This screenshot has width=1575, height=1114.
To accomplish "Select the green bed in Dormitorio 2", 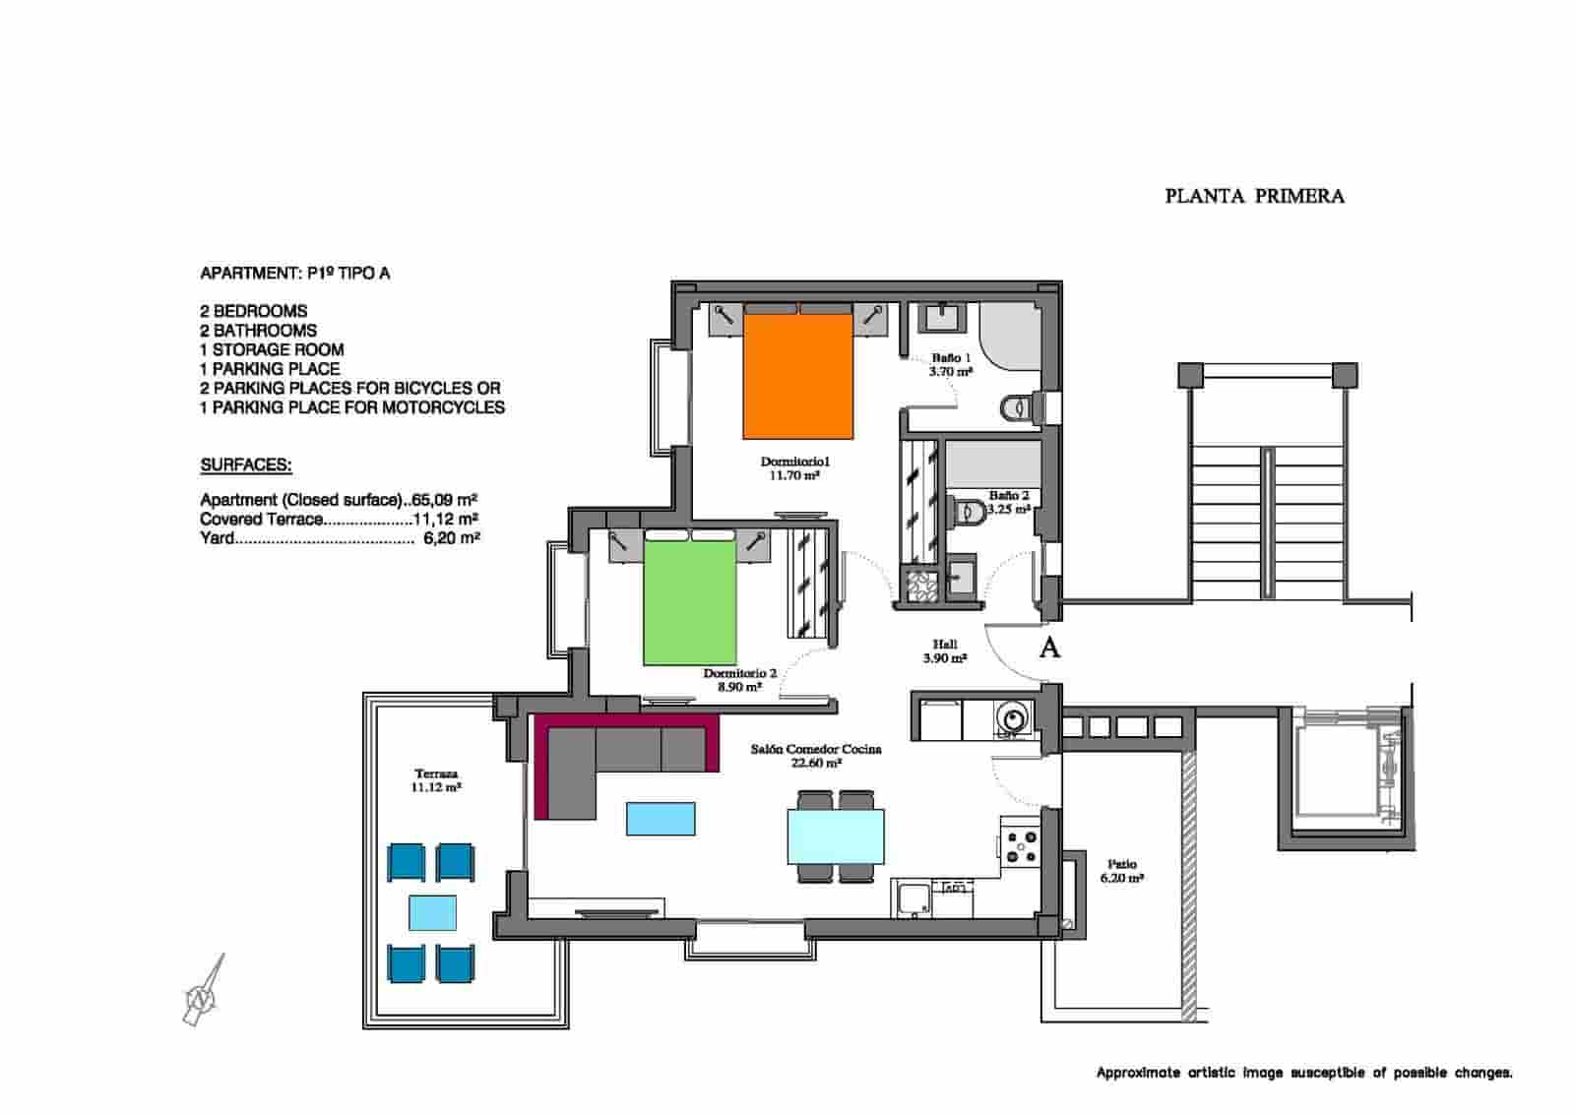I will click(x=690, y=602).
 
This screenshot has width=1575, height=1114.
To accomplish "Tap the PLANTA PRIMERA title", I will click(x=1254, y=196).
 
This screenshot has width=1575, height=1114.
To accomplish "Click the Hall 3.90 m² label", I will click(x=944, y=651).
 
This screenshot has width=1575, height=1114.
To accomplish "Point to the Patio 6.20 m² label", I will click(x=1121, y=871).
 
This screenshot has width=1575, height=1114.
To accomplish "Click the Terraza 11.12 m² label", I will click(x=436, y=780).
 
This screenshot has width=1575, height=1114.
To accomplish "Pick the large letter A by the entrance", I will click(x=1050, y=649).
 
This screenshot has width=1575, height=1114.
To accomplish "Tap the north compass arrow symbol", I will click(x=204, y=992).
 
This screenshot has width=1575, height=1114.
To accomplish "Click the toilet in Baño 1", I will click(x=1018, y=406).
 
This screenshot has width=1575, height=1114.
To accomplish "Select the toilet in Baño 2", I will click(x=967, y=510).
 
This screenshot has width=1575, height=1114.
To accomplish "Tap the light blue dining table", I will click(x=835, y=835).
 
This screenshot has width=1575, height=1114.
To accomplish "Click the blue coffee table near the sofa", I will click(x=661, y=819).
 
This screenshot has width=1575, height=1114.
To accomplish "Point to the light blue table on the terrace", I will click(x=432, y=912).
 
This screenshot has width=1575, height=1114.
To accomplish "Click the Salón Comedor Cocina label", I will click(x=815, y=756).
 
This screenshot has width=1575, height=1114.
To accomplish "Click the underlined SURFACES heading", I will click(x=246, y=465).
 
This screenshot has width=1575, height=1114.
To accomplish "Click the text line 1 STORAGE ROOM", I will click(x=272, y=349).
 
